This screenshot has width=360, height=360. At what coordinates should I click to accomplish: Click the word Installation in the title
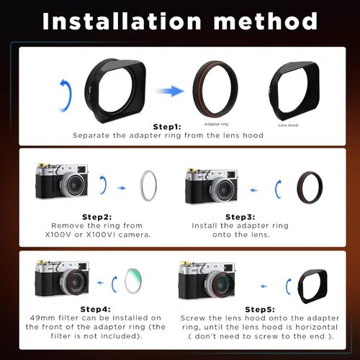coord(122,22)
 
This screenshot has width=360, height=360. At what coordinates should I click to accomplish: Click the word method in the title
coord(266,22)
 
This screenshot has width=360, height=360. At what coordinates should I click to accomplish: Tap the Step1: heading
coord(167,127)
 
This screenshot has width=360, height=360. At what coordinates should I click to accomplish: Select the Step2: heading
coord(97,217)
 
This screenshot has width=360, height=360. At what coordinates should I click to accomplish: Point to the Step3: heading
coord(240,217)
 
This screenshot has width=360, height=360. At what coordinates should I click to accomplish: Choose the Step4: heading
coord(96,309)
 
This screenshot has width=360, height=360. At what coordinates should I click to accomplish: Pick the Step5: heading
coord(260,310)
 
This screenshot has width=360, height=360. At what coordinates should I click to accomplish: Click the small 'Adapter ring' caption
coord(216,124)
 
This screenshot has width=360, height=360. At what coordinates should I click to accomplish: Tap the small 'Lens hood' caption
coord(288,125)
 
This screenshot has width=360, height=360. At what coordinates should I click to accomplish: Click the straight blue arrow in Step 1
coord(170,91)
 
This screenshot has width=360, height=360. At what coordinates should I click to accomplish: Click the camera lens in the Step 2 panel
coord(74,184)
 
